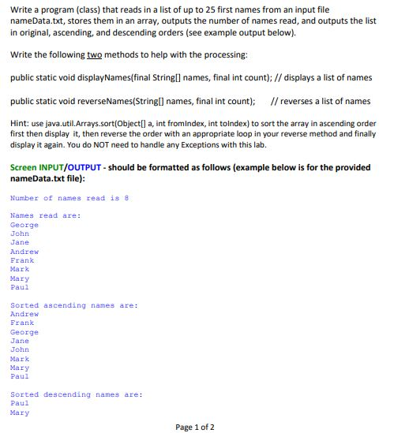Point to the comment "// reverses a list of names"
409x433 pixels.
coord(320,101)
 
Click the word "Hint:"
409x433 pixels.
coord(19,124)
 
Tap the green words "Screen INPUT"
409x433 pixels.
coord(39,167)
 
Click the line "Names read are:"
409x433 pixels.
coord(45,215)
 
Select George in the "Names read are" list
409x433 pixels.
coord(24,225)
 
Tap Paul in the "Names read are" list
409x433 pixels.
coord(19,287)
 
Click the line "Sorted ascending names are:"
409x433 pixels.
coord(73,305)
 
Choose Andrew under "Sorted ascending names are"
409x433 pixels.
coord(24,314)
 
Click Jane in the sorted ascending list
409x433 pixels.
coord(19,341)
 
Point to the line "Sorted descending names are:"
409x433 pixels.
coord(76,394)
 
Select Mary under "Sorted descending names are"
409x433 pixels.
coord(19,412)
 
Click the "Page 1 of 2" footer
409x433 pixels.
coord(194,427)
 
